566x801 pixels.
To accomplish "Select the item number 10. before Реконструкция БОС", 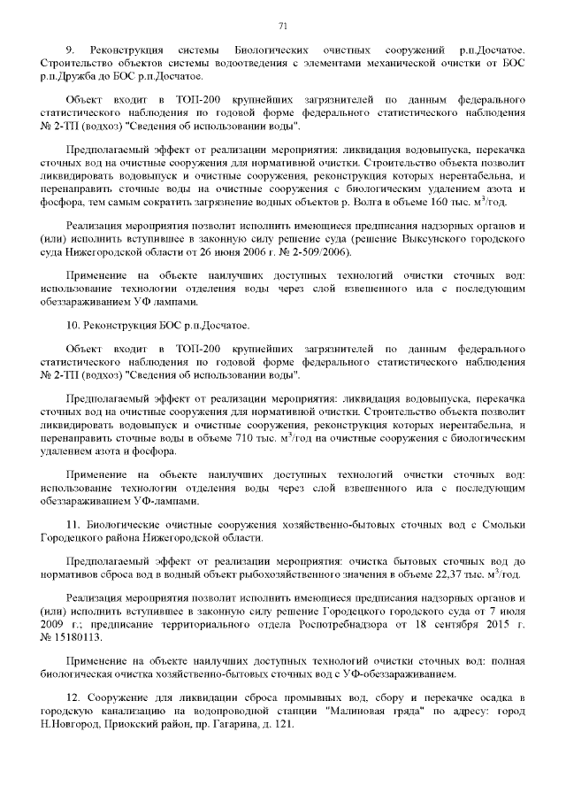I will (x=74, y=324).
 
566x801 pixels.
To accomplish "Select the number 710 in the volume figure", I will (x=243, y=440).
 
